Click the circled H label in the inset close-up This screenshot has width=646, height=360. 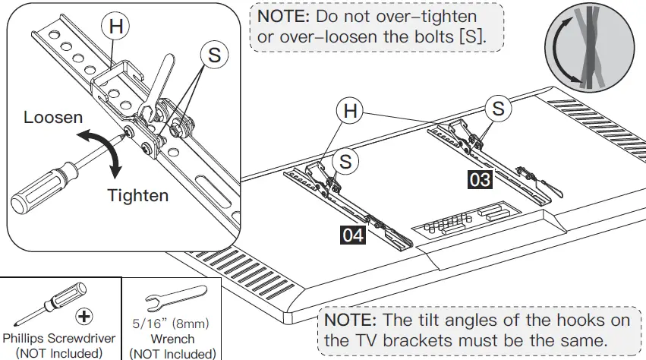point(115,26)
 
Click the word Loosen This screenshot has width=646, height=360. point(53,118)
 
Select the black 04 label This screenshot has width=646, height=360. point(352,235)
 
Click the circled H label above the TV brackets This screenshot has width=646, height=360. point(350,111)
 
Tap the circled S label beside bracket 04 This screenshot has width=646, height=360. point(346,161)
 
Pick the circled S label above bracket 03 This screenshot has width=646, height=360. point(498,108)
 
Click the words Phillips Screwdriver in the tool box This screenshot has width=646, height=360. point(59,338)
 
